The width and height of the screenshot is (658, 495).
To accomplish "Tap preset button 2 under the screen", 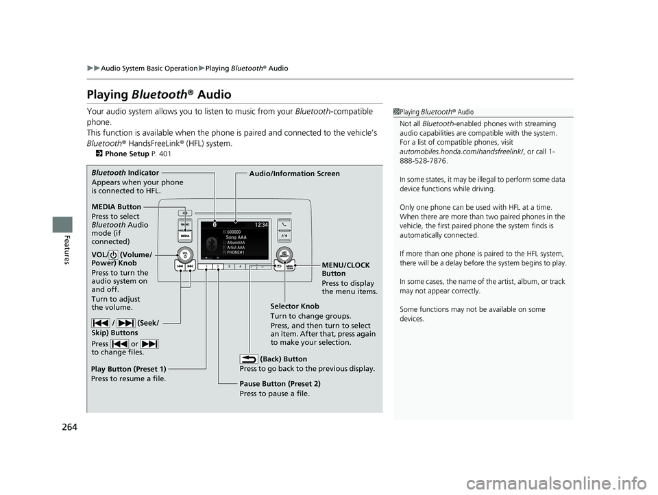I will tap(218, 265).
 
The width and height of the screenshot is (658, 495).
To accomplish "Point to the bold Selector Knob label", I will tap(295, 306).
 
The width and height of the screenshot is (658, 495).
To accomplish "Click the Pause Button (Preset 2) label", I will tap(280, 384).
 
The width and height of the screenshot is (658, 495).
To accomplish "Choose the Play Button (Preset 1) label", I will tap(128, 369).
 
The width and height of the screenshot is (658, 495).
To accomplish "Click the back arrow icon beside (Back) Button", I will tap(249, 358).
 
